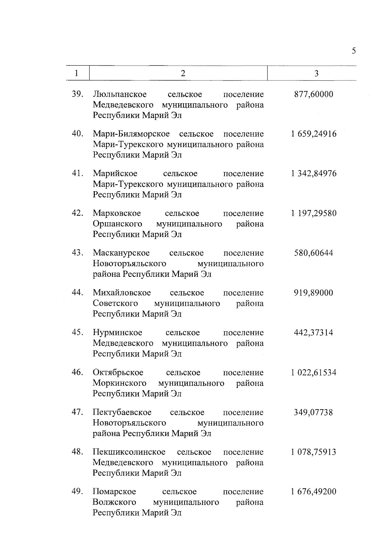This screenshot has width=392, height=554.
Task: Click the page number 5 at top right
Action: pyautogui.click(x=354, y=51)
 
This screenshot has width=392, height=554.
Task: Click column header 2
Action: pyautogui.click(x=183, y=73)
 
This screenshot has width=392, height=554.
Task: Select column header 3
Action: pyautogui.click(x=316, y=73)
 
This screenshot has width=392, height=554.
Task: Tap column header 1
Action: pyautogui.click(x=76, y=73)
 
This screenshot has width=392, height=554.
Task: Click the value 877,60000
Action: pyautogui.click(x=314, y=94)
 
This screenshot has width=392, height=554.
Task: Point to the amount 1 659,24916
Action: pyautogui.click(x=314, y=134)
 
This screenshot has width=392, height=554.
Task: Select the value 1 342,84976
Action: pyautogui.click(x=314, y=174)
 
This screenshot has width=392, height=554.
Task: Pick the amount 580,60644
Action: pyautogui.click(x=314, y=253)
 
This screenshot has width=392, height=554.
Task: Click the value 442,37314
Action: pyautogui.click(x=314, y=333)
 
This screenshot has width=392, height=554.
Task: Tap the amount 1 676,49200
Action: pyautogui.click(x=314, y=492)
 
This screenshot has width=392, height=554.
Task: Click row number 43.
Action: pyautogui.click(x=78, y=253)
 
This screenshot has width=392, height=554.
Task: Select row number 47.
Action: pyautogui.click(x=78, y=412)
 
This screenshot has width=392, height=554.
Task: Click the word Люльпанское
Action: pyautogui.click(x=120, y=95)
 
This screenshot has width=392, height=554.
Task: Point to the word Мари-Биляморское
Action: pyautogui.click(x=131, y=134)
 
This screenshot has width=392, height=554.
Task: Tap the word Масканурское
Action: pyautogui.click(x=121, y=253)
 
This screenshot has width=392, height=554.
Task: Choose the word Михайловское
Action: pyautogui.click(x=122, y=293)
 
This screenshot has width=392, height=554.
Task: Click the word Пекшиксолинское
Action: pyautogui.click(x=129, y=452)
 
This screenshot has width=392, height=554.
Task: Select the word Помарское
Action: pyautogui.click(x=114, y=492)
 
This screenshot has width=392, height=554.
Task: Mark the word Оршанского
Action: pyautogui.click(x=118, y=224)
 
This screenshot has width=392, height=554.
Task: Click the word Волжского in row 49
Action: pyautogui.click(x=114, y=502)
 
